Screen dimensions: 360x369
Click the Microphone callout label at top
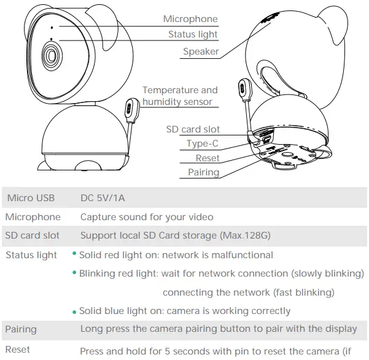pyautogui.click(x=190, y=19)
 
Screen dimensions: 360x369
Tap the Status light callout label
pyautogui.click(x=193, y=35)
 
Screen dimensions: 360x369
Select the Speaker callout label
pyautogui.click(x=201, y=52)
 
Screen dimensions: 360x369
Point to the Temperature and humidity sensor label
pyautogui.click(x=179, y=96)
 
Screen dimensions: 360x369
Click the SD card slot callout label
pyautogui.click(x=193, y=130)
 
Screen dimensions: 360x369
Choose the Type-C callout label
pyautogui.click(x=203, y=144)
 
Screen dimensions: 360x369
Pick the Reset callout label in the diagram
pyautogui.click(x=207, y=158)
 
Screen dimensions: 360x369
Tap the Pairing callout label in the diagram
pyautogui.click(x=203, y=172)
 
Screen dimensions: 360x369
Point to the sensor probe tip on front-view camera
pyautogui.click(x=130, y=107)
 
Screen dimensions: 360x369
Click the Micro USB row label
pyautogui.click(x=31, y=198)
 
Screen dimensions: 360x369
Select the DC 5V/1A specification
pyautogui.click(x=103, y=198)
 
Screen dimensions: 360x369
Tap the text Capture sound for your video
pyautogui.click(x=147, y=217)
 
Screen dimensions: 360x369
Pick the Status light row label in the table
pyautogui.click(x=31, y=255)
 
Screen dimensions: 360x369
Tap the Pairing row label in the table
pyautogui.click(x=21, y=329)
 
